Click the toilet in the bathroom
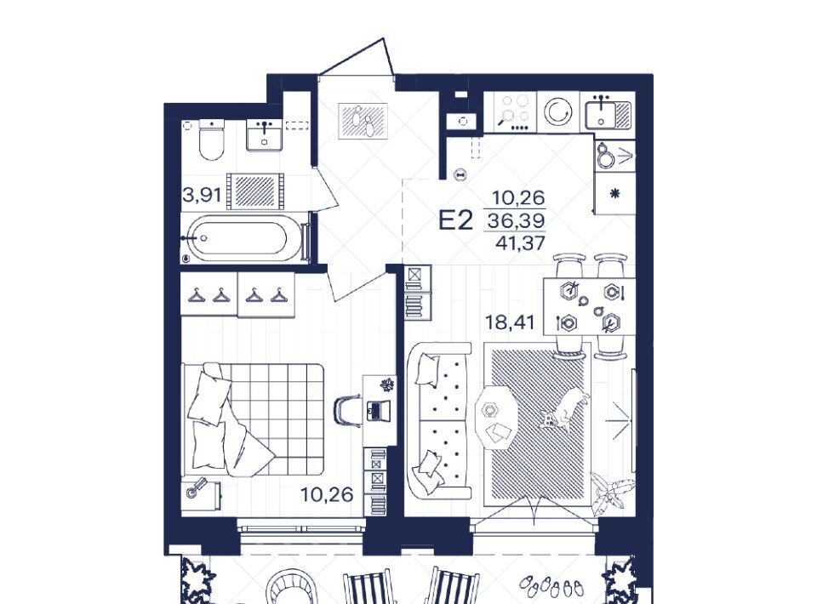pos(212,139)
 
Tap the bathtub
pos(237,238)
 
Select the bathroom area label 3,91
pos(203,196)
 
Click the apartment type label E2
pos(455,220)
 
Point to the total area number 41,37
pos(520,242)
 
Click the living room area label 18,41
pos(510,322)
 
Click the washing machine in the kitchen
pos(558,111)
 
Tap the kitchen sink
pos(607,111)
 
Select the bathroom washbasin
pos(264,135)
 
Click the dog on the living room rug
pos(565,409)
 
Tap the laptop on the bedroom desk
pos(378,410)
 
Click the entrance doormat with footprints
pos(363,122)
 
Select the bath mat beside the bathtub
pos(255,191)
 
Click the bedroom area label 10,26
pos(327,494)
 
